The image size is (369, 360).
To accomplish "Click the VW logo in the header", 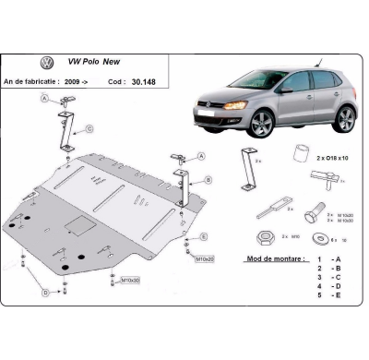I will tap(46, 63).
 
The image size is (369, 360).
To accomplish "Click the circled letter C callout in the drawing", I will tap(89, 128).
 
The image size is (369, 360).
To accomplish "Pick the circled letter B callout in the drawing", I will tap(208, 179).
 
